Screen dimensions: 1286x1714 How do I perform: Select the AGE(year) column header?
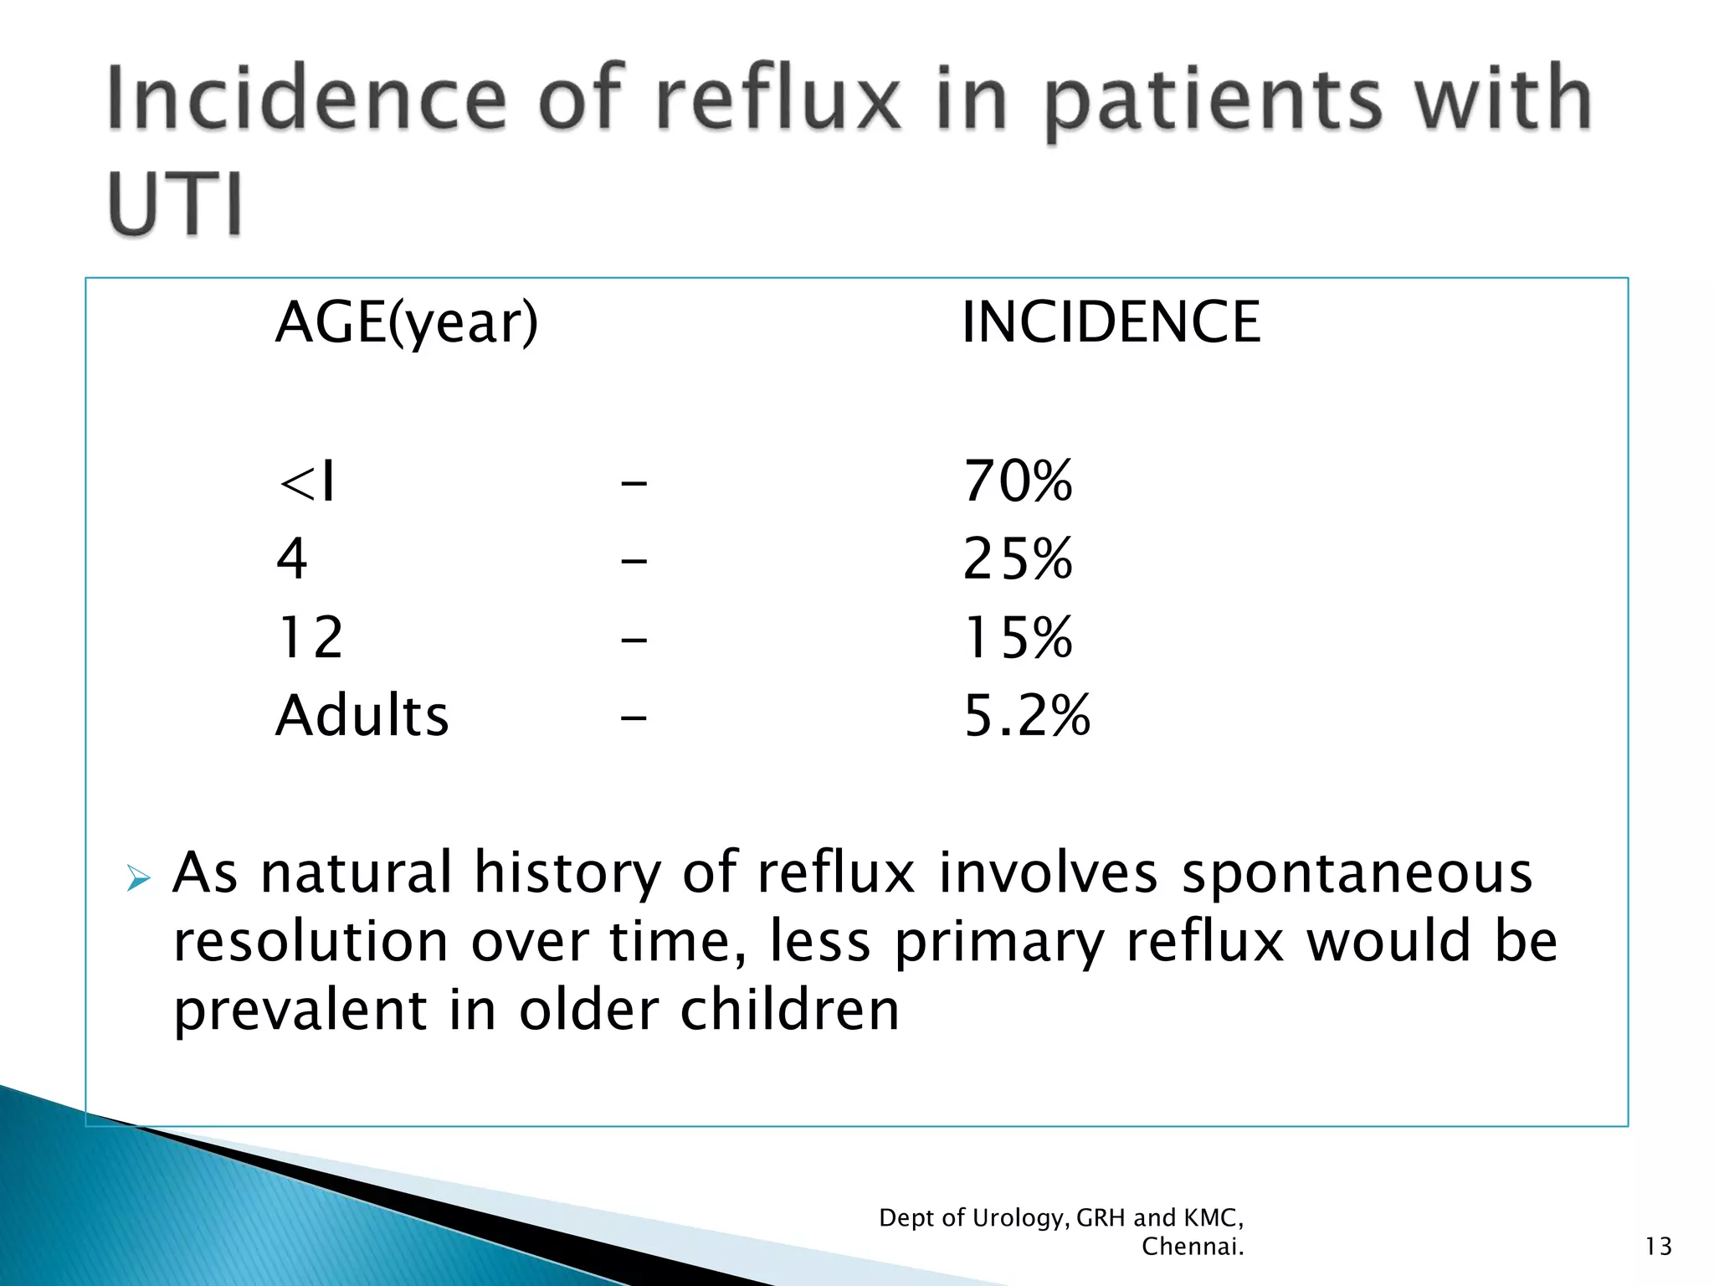click(x=407, y=323)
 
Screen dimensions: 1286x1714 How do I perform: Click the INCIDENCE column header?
click(x=1111, y=322)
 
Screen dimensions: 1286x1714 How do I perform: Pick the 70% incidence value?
click(x=1018, y=481)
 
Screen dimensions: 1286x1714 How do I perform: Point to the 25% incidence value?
click(x=1018, y=559)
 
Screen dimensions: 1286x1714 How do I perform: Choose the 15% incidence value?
click(x=1018, y=637)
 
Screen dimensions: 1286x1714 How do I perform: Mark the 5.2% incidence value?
click(x=1027, y=716)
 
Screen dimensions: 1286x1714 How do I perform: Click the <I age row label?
click(x=307, y=483)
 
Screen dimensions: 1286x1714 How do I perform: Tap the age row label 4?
click(x=292, y=559)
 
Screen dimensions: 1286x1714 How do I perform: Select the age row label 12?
click(x=310, y=637)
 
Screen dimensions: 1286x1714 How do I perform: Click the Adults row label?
click(x=362, y=716)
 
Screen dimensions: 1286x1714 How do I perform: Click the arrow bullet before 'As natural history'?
click(x=138, y=879)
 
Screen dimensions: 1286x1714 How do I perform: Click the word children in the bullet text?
click(x=789, y=1010)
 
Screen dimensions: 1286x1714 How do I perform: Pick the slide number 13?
click(x=1658, y=1247)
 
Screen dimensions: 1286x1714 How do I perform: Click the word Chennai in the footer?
click(x=1192, y=1247)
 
